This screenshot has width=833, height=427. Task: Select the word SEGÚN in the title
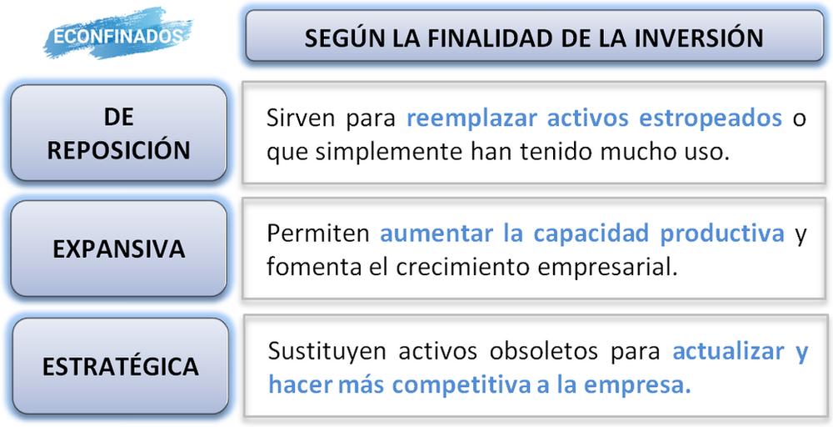335,38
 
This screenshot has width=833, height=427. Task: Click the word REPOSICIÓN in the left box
118,150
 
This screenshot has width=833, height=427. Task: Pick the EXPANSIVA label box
118,249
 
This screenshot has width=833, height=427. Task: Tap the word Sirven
298,118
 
